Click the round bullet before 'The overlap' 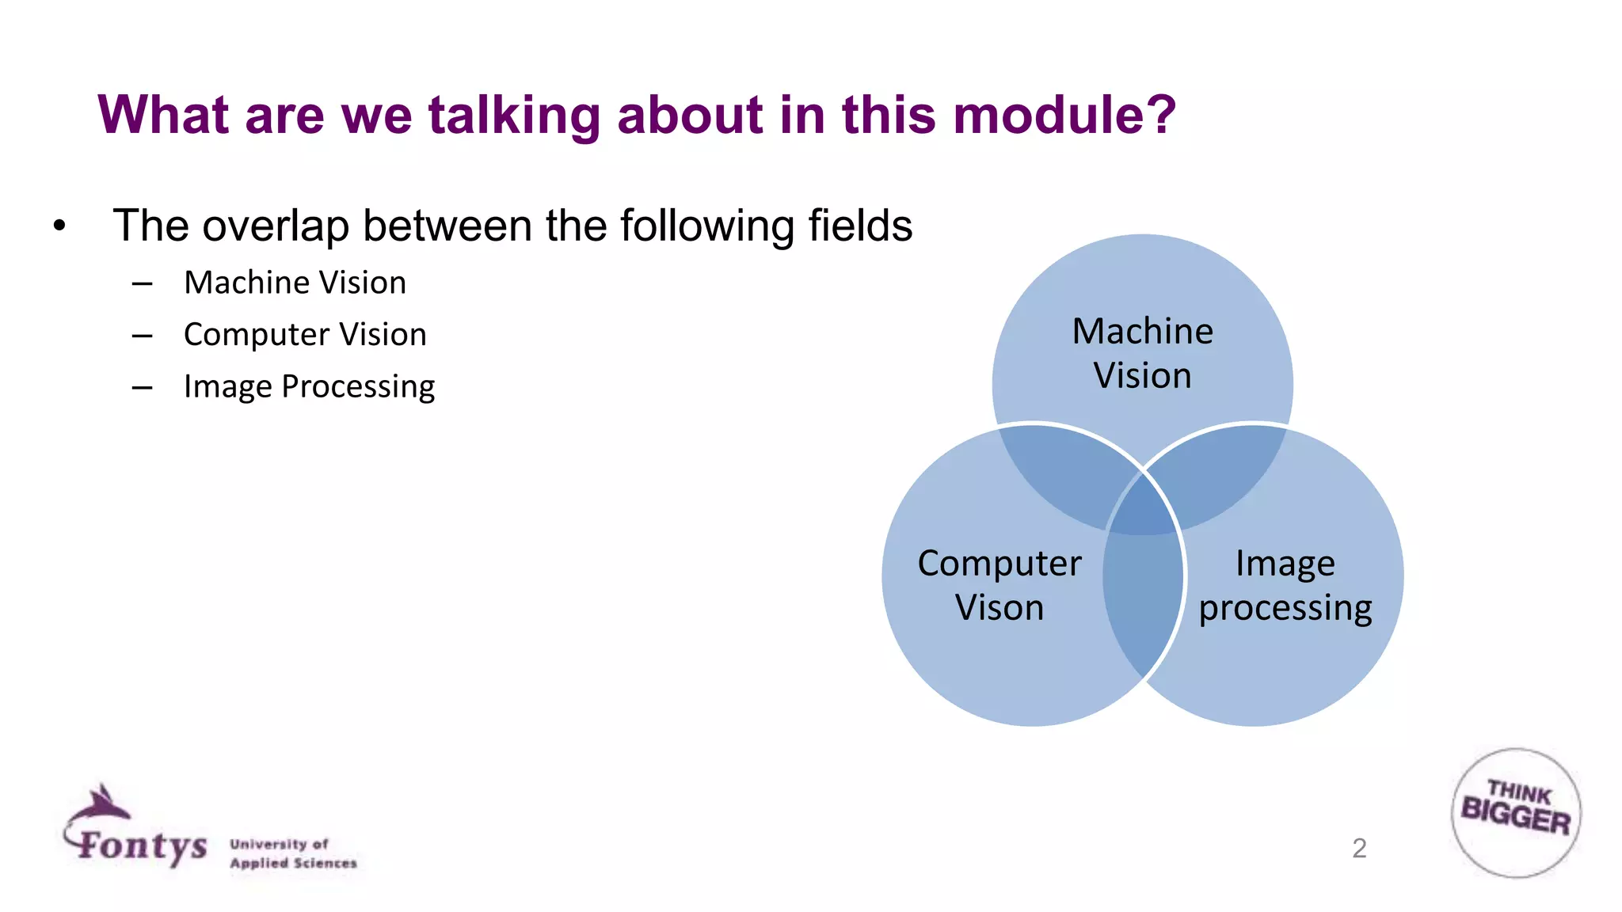tap(59, 226)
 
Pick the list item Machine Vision tap(295, 283)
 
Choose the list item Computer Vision tap(305, 334)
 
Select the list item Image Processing tap(309, 386)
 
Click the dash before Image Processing tap(143, 387)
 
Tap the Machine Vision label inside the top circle tap(1142, 353)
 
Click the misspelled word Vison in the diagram tap(999, 608)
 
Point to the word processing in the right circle tap(1285, 608)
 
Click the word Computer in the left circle tap(999, 564)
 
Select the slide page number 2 tap(1359, 848)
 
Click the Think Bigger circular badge tap(1516, 812)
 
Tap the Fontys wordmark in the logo tap(143, 845)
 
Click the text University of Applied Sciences tap(293, 853)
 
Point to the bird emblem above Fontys tap(101, 804)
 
